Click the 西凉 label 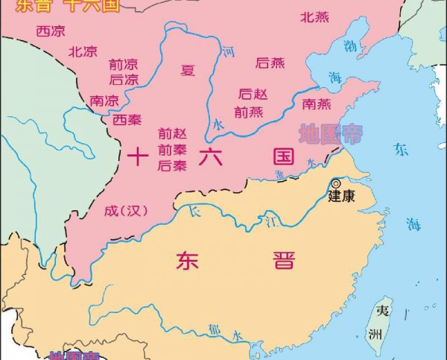[x=50, y=31]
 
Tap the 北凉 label [x=83, y=51]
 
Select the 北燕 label [x=314, y=16]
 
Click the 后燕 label [x=270, y=63]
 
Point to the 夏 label [x=188, y=71]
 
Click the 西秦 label [x=127, y=119]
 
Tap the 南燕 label [x=317, y=103]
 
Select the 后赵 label [x=251, y=95]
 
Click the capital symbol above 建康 [x=335, y=183]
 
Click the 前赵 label [x=172, y=133]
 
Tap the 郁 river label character [x=215, y=326]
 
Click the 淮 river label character [x=280, y=175]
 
